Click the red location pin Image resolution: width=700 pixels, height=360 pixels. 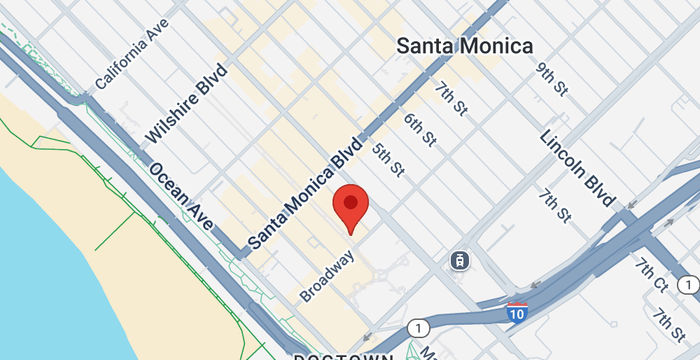tap(350, 206)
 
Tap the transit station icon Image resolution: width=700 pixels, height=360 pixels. tap(459, 260)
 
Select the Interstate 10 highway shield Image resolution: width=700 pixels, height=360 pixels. tap(517, 312)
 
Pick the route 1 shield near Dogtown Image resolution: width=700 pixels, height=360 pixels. tap(415, 327)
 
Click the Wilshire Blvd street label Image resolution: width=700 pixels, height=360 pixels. tap(187, 104)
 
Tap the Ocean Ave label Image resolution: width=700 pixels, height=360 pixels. tap(181, 195)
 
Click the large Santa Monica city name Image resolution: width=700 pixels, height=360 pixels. tap(465, 45)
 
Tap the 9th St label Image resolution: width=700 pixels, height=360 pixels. tap(551, 79)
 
